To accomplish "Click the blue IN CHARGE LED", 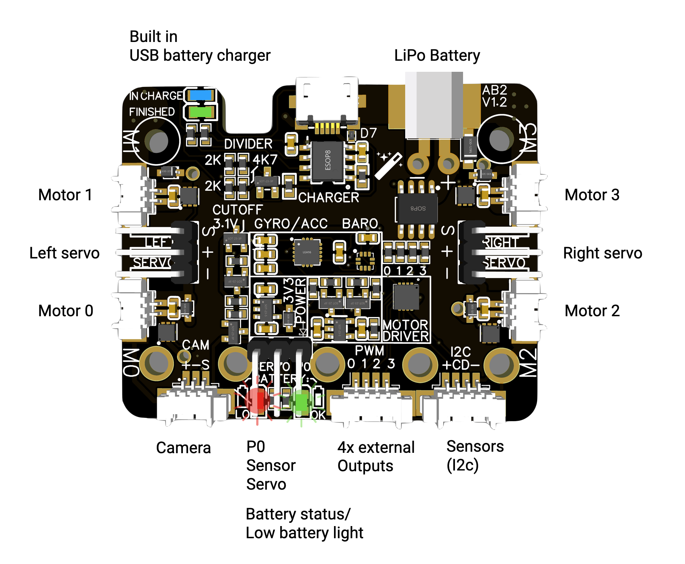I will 201,95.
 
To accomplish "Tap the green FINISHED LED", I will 201,112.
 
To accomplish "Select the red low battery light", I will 258,401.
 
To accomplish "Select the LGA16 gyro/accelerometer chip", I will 307,252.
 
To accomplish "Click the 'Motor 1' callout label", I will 65,195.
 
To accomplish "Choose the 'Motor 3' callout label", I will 592,195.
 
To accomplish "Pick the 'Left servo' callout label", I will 65,253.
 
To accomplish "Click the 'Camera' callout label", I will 183,448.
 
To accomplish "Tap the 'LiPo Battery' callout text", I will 437,56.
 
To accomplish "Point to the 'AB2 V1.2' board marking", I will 494,96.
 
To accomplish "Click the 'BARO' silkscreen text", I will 360,223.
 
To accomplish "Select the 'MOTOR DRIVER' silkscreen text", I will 406,331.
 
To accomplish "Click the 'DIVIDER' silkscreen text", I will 248,144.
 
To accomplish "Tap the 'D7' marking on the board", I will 368,133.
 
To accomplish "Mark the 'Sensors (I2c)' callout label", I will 474,456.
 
